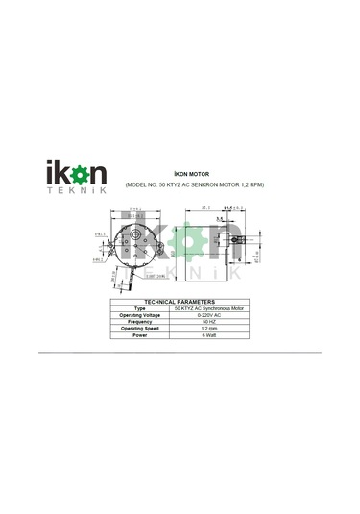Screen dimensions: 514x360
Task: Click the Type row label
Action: coord(139,308)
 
